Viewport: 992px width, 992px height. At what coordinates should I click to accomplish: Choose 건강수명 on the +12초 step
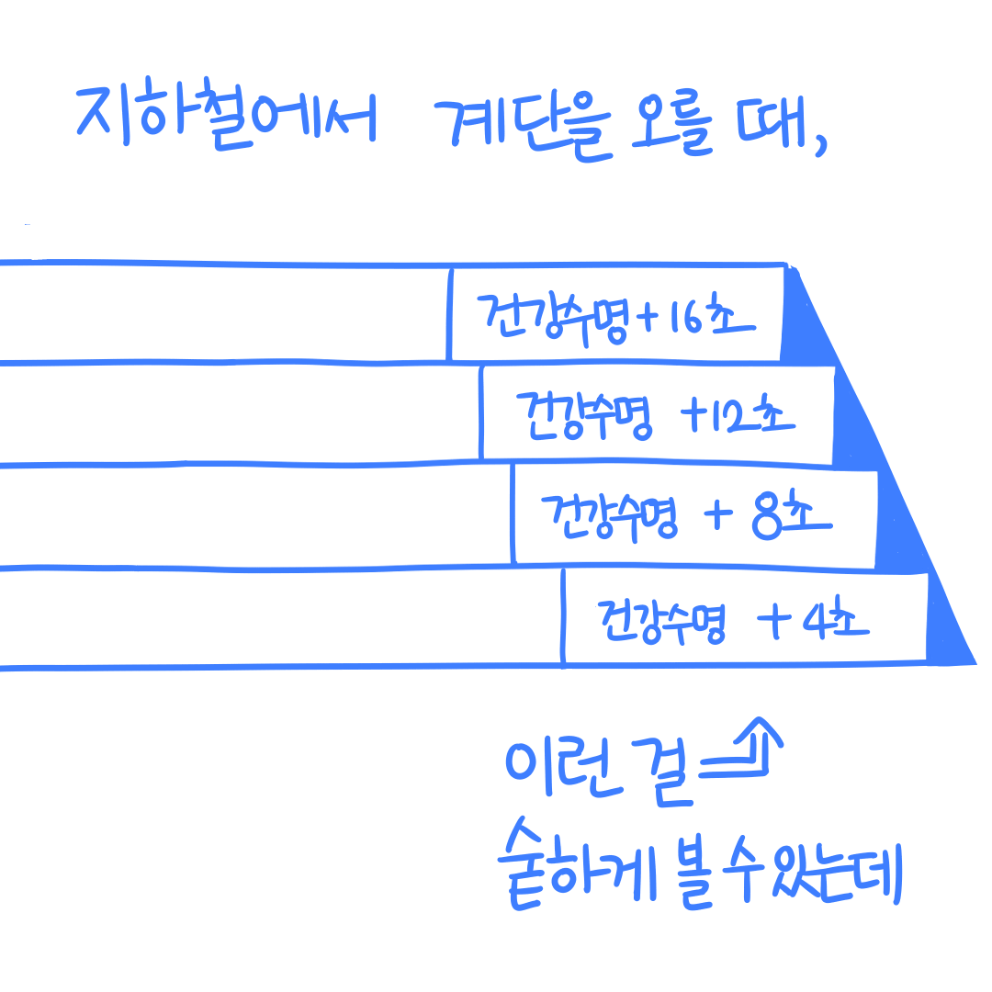pos(586,417)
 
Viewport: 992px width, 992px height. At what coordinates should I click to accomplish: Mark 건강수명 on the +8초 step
pos(611,520)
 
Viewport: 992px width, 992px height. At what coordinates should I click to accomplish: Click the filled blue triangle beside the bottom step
pos(950,634)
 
